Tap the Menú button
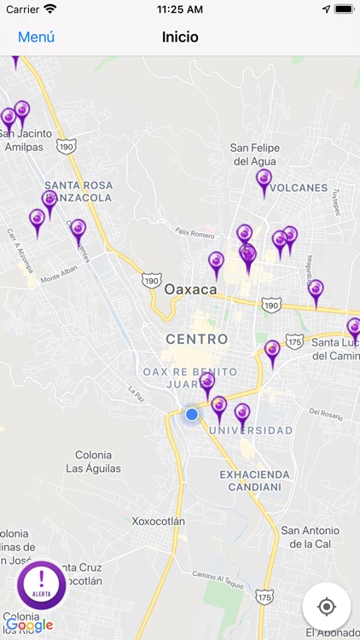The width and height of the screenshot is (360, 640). pyautogui.click(x=36, y=37)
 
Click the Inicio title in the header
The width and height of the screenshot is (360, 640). pyautogui.click(x=180, y=37)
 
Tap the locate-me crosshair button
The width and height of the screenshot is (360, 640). pyautogui.click(x=326, y=607)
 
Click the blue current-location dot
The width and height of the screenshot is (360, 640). pyautogui.click(x=192, y=414)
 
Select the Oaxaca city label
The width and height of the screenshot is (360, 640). pyautogui.click(x=191, y=289)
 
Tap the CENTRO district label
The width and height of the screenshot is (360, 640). pyautogui.click(x=197, y=339)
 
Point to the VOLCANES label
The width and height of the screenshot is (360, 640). pyautogui.click(x=301, y=188)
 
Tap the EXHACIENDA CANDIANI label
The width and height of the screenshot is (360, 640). pyautogui.click(x=254, y=480)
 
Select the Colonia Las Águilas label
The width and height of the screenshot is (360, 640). pyautogui.click(x=93, y=462)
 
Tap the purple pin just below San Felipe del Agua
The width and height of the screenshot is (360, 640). pyautogui.click(x=264, y=181)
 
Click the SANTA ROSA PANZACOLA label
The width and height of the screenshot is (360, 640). pyautogui.click(x=78, y=191)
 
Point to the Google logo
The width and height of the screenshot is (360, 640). pyautogui.click(x=30, y=625)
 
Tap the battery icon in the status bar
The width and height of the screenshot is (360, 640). pyautogui.click(x=344, y=9)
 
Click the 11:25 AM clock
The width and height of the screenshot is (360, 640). pyautogui.click(x=179, y=9)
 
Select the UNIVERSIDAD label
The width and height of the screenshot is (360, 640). pyautogui.click(x=250, y=430)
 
